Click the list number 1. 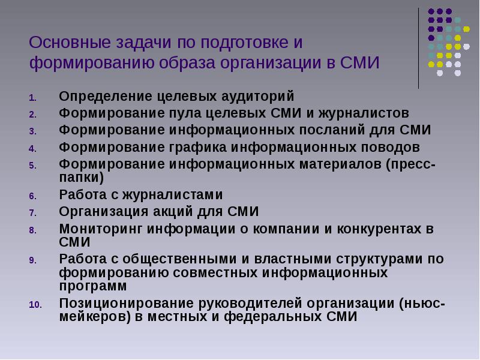33,98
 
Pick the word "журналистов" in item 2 364,113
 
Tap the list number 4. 33,149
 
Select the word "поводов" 391,148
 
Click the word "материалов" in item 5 340,164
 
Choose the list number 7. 33,213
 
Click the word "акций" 173,212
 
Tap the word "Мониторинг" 101,229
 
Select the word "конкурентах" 379,229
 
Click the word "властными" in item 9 293,259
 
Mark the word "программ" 93,287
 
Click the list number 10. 35,305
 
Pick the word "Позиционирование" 127,304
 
